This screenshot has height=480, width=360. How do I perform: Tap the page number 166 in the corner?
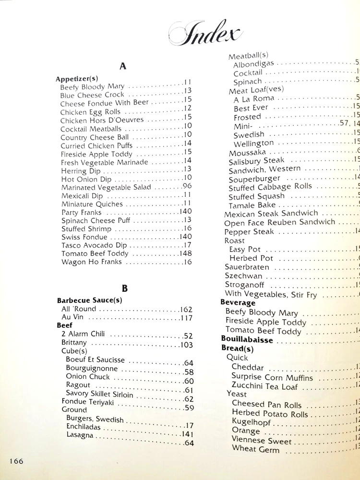[x=15, y=461]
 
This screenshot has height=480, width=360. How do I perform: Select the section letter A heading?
[x=122, y=66]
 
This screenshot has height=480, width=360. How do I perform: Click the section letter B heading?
[x=124, y=288]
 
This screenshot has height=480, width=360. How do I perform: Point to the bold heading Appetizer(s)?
[x=77, y=79]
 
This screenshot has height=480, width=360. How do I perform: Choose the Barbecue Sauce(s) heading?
[x=89, y=300]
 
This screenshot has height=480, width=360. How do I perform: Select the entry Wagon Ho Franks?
[x=92, y=262]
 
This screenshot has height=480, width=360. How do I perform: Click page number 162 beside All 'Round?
[x=186, y=309]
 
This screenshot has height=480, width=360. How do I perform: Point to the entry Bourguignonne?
[x=92, y=369]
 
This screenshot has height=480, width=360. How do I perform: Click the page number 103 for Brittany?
[x=186, y=345]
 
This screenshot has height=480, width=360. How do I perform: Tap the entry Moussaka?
[x=247, y=153]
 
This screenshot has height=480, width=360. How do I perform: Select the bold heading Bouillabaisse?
[x=247, y=340]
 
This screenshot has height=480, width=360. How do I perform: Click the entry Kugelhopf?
[x=252, y=422]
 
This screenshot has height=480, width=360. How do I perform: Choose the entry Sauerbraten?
[x=247, y=267]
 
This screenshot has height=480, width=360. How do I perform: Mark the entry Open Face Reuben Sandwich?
[x=280, y=222]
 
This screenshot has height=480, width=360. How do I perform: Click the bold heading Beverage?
[x=238, y=303]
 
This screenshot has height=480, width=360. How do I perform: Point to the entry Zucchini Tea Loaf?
[x=264, y=386]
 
